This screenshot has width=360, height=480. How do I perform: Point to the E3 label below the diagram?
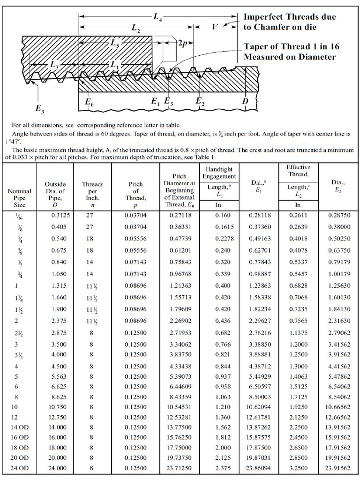tap(40, 109)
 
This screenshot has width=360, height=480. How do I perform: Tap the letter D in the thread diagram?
tap(245, 101)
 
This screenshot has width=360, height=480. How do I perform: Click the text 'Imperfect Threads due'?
tap(290, 17)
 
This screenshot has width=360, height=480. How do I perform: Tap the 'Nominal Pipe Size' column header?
tap(20, 198)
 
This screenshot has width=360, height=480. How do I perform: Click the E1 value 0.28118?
tap(259, 216)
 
